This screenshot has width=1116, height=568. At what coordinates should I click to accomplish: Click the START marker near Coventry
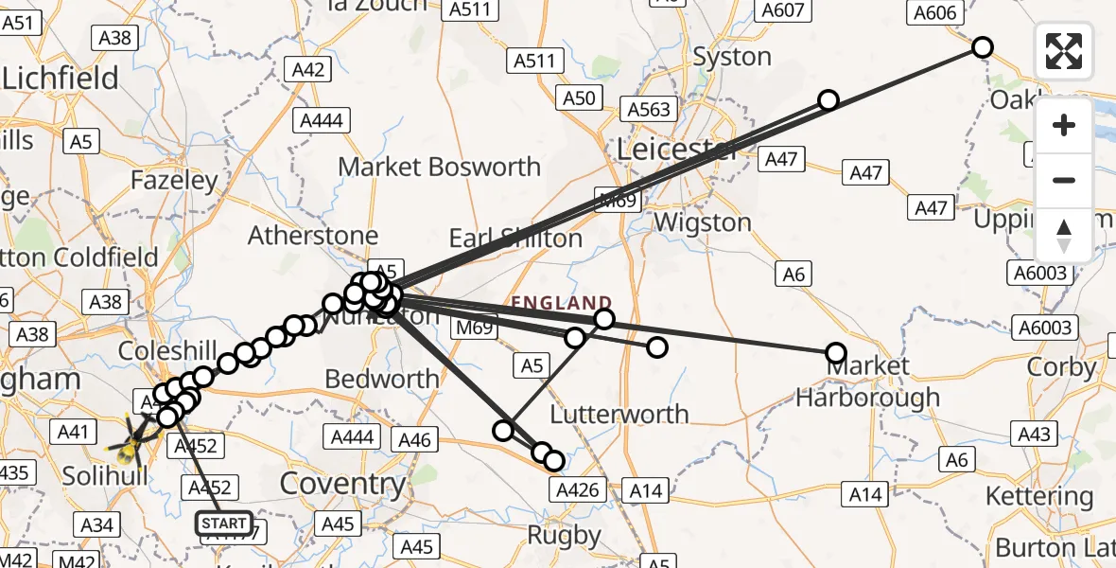[x=224, y=523]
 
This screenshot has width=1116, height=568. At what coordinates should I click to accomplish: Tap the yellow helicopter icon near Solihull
[x=131, y=437]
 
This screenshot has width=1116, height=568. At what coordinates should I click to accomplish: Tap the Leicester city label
[x=676, y=150]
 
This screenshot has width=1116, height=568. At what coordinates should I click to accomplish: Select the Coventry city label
[x=343, y=484]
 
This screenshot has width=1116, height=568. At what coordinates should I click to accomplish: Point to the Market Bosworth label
[x=439, y=167]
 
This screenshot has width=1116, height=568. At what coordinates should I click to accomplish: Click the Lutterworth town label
[x=619, y=414]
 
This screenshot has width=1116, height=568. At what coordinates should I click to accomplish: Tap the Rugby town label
[x=564, y=535]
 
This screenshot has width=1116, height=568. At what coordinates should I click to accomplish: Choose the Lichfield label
[x=61, y=78]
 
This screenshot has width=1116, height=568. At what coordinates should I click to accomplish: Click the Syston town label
[x=732, y=57]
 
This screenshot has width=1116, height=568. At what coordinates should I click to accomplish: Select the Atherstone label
[x=313, y=235]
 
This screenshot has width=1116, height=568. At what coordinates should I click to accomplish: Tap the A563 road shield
[x=649, y=109]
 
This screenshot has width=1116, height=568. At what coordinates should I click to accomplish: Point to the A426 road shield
[x=577, y=489]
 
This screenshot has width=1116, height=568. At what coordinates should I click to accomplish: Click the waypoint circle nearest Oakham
[x=983, y=46]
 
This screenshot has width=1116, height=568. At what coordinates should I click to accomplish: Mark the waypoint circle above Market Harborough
[x=836, y=353]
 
